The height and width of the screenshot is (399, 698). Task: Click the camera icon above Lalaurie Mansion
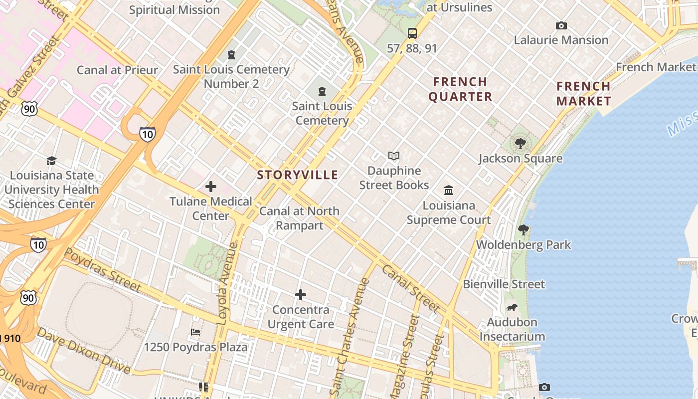click(x=561, y=25)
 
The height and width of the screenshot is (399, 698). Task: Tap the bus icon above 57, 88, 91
click(x=412, y=33)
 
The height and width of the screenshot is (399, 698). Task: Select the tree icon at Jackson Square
click(x=521, y=144)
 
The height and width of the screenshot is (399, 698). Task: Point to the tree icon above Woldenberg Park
click(x=523, y=230)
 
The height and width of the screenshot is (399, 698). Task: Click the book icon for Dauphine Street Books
click(x=394, y=156)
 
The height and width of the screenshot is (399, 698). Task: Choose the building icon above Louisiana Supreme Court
click(x=449, y=191)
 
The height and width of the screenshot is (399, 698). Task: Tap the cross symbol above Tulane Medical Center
click(x=211, y=187)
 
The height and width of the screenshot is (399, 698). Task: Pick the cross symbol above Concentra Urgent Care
click(x=301, y=295)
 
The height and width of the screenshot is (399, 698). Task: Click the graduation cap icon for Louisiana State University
click(x=51, y=161)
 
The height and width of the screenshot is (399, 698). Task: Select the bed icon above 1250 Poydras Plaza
click(x=195, y=332)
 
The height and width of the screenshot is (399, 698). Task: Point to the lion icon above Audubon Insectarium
click(x=512, y=307)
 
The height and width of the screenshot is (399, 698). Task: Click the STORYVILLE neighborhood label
click(x=298, y=175)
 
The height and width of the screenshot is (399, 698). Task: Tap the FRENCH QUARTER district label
click(x=460, y=89)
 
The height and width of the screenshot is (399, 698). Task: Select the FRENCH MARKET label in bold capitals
click(x=583, y=94)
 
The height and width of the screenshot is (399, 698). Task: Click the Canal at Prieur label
click(x=117, y=70)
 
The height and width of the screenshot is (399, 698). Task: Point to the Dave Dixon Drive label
click(x=84, y=351)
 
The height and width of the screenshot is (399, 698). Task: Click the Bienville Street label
click(x=504, y=284)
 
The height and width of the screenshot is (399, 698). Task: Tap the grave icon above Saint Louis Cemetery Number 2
click(x=231, y=54)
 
